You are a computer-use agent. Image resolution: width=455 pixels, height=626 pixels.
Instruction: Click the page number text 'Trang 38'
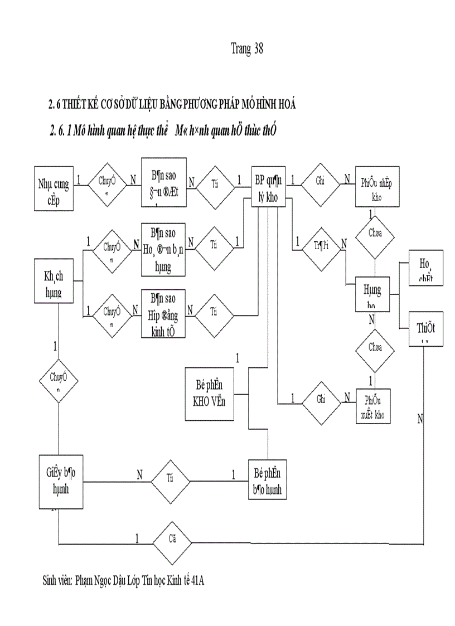(246, 48)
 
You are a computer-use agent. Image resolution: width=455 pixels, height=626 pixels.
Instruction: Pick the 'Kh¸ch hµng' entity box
(54, 281)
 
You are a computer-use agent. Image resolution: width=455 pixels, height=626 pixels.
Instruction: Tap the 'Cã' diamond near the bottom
(172, 541)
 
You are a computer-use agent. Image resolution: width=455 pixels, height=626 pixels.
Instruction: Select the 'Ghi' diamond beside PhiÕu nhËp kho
(320, 182)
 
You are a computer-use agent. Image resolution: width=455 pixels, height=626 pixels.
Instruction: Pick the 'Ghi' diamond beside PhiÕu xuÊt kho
(321, 400)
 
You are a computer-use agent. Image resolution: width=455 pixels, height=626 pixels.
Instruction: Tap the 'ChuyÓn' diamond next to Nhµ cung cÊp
(108, 182)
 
